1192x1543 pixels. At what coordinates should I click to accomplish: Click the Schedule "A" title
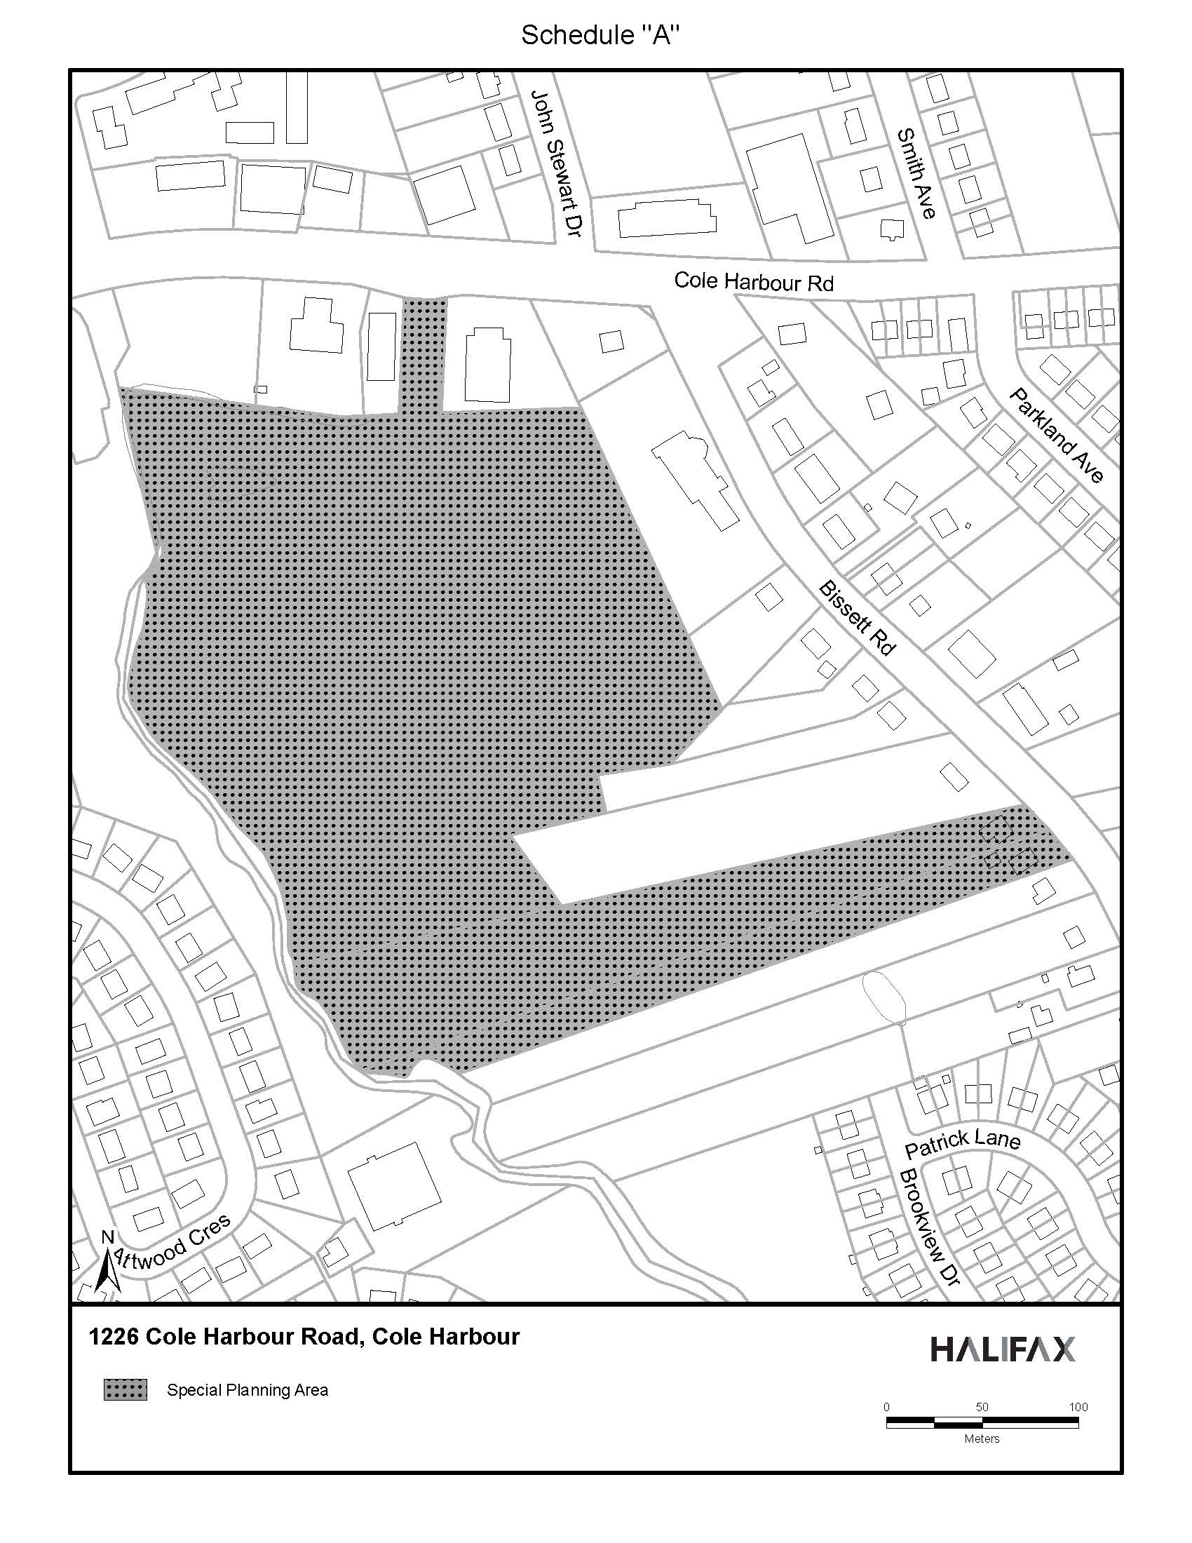(600, 35)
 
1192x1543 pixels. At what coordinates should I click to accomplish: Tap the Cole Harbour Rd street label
(754, 281)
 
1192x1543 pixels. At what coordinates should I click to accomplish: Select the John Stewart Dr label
(556, 163)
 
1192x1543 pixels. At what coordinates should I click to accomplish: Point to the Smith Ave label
(916, 173)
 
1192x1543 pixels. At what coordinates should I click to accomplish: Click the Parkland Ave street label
(1057, 435)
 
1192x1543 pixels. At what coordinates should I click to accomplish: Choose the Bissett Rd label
(858, 618)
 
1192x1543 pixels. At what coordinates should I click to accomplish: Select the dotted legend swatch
(126, 1389)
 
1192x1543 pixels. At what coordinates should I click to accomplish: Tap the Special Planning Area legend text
(247, 1390)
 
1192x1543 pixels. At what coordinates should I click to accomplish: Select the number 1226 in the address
(114, 1337)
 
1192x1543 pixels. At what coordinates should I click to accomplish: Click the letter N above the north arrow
(107, 1237)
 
